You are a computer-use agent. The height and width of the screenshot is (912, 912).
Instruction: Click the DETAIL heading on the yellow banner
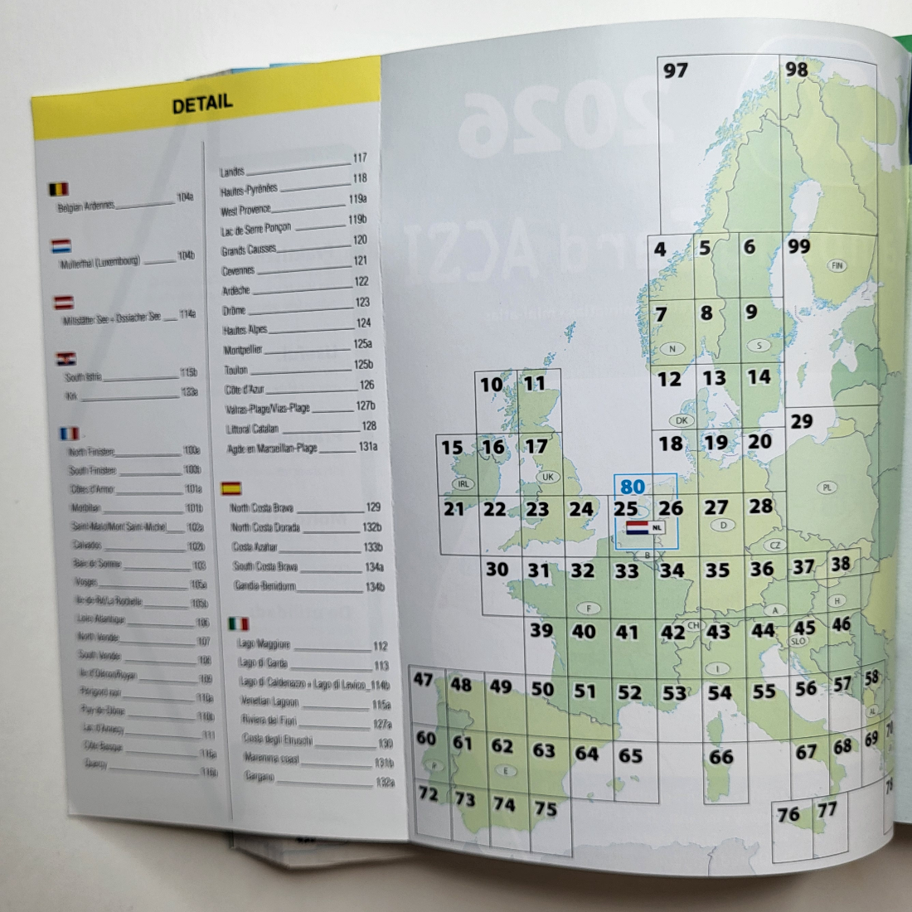(x=202, y=104)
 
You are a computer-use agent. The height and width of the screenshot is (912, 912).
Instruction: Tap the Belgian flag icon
(x=59, y=190)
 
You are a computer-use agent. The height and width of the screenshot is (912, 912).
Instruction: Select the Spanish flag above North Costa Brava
(x=230, y=488)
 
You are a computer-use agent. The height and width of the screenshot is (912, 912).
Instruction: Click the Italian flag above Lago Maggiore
(x=238, y=623)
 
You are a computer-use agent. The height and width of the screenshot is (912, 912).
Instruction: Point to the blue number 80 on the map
(x=632, y=486)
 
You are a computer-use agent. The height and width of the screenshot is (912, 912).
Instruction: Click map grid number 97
(x=676, y=70)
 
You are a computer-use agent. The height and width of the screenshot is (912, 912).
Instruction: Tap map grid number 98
(x=796, y=69)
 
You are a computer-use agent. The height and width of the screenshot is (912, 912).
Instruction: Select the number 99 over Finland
(x=799, y=247)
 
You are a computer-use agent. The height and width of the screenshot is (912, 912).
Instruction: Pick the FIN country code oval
(x=837, y=266)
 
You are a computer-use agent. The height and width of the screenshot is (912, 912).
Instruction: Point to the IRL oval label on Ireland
(x=463, y=483)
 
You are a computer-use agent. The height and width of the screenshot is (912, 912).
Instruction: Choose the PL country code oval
(x=827, y=488)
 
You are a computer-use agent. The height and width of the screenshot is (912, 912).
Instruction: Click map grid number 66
(x=720, y=756)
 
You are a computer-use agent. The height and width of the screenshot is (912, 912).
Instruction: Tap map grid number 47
(x=424, y=680)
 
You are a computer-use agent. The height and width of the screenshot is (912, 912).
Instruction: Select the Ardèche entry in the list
(x=236, y=291)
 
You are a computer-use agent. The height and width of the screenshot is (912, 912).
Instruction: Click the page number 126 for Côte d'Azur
(x=367, y=385)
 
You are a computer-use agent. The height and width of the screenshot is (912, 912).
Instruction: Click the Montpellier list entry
(x=242, y=350)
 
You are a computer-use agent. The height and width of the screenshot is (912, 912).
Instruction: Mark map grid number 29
(x=801, y=421)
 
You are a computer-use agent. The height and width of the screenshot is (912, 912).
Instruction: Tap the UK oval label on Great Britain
(x=547, y=477)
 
